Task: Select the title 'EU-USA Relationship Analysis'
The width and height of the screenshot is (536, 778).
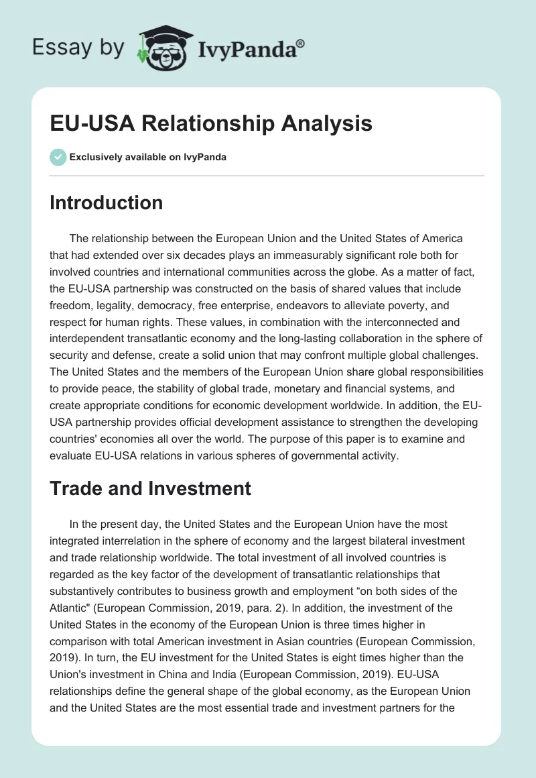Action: pyautogui.click(x=211, y=124)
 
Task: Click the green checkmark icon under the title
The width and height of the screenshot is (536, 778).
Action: pyautogui.click(x=58, y=157)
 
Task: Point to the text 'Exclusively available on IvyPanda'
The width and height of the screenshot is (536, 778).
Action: pyautogui.click(x=147, y=157)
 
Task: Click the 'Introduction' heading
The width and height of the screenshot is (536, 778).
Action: pyautogui.click(x=106, y=203)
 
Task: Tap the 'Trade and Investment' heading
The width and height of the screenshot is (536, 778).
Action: pyautogui.click(x=150, y=488)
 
